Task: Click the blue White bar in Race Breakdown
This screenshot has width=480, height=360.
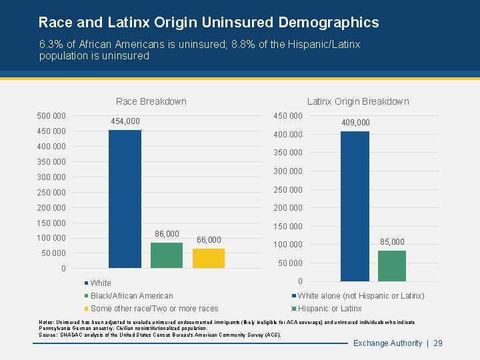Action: click(x=125, y=199)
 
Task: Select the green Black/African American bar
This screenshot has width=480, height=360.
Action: click(x=167, y=255)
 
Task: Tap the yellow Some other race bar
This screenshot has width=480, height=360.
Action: click(x=209, y=258)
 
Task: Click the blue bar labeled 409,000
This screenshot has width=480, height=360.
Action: click(x=354, y=206)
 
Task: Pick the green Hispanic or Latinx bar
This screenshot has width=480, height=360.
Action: click(x=392, y=265)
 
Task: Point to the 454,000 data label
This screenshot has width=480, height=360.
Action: click(x=125, y=121)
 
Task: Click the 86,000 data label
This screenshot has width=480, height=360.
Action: click(x=167, y=234)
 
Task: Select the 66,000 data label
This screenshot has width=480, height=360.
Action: click(x=209, y=239)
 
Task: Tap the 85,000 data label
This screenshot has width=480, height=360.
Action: click(x=392, y=241)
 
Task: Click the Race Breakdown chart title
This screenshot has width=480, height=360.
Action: click(x=151, y=101)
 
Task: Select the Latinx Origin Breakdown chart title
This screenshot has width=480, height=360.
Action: click(x=358, y=101)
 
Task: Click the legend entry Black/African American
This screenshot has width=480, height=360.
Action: click(x=131, y=296)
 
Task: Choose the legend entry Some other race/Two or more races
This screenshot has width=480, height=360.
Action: click(x=154, y=309)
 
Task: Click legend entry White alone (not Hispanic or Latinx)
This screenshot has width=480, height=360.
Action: click(x=361, y=296)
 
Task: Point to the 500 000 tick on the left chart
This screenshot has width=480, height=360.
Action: click(x=51, y=116)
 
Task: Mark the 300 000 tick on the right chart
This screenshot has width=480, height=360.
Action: click(x=287, y=171)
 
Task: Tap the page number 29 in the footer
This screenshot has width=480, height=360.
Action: click(x=438, y=343)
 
